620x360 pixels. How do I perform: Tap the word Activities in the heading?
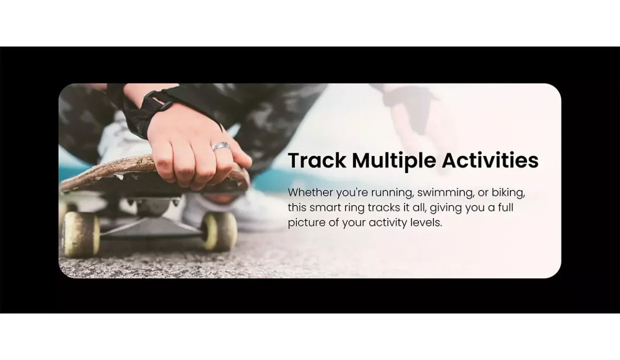(490, 160)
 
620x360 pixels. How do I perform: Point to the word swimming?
(445, 193)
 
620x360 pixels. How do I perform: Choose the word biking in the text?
(508, 193)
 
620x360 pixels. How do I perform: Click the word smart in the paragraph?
(325, 208)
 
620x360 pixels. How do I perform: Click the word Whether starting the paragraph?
(311, 192)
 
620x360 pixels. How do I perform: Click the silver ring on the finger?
(221, 146)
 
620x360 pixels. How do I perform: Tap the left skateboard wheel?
(81, 234)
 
